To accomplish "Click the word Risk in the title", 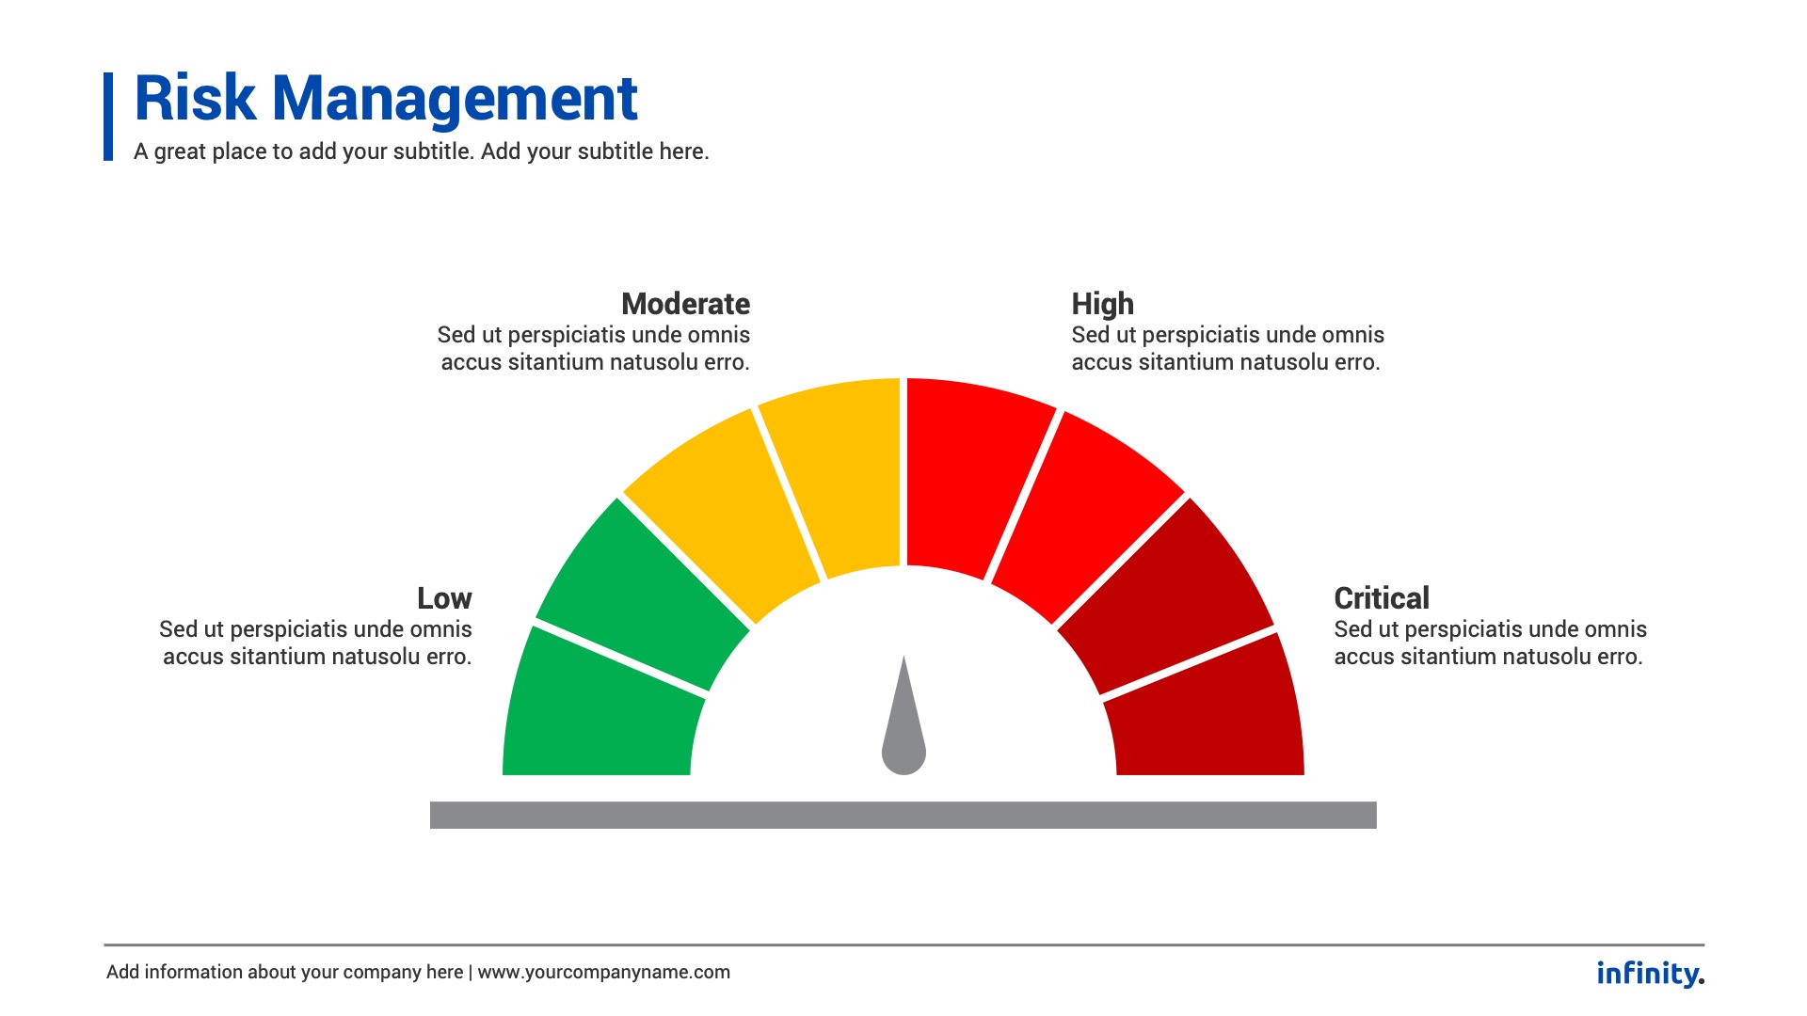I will (195, 98).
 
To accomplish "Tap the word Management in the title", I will (455, 98).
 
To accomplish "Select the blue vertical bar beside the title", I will (108, 117).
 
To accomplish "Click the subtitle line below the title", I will (421, 151).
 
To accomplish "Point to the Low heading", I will (444, 598).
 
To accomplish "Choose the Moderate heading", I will (685, 304).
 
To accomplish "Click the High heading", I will (1102, 304).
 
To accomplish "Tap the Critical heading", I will (1381, 598).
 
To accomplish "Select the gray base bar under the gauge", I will (903, 815).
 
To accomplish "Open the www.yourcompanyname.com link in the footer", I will (603, 972).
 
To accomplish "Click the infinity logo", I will (1649, 973).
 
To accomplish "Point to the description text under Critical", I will (1490, 643).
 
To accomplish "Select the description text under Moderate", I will (594, 348).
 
